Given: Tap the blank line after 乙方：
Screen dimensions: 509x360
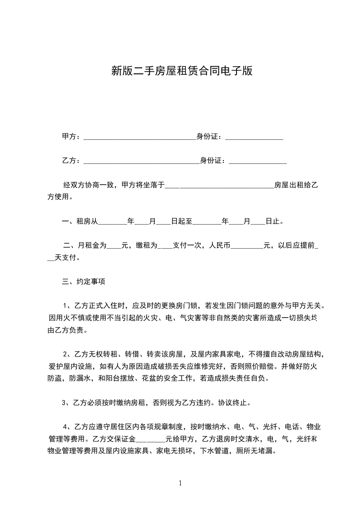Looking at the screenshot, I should click(141, 161).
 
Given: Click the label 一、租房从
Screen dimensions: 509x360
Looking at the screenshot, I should click(79, 222).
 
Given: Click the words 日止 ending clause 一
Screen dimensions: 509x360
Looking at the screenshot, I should click(274, 222).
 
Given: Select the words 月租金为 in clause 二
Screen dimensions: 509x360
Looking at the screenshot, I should click(92, 246).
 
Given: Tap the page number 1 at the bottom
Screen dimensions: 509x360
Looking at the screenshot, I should click(180, 483).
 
